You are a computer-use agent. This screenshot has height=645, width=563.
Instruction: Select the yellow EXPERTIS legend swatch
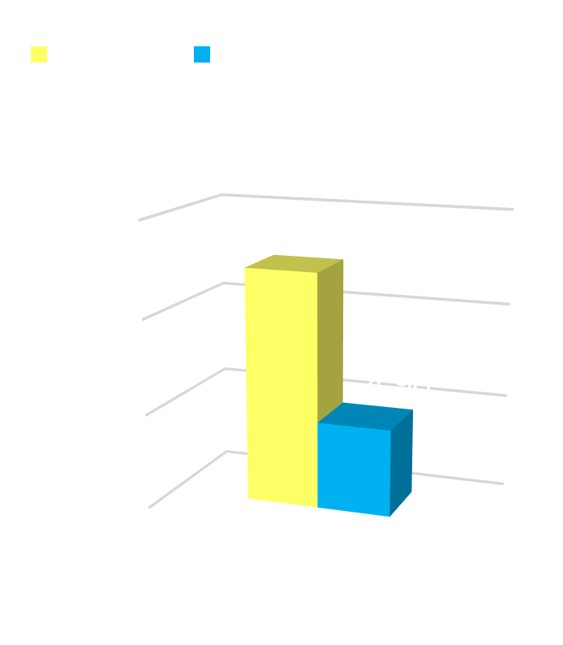(x=39, y=54)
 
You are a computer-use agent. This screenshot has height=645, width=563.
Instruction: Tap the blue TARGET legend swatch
(x=202, y=54)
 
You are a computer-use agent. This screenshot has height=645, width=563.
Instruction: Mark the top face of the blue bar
(x=366, y=415)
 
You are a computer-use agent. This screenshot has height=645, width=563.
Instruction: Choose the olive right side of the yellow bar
(x=330, y=341)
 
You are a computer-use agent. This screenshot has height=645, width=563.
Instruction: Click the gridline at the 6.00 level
(x=365, y=201)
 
